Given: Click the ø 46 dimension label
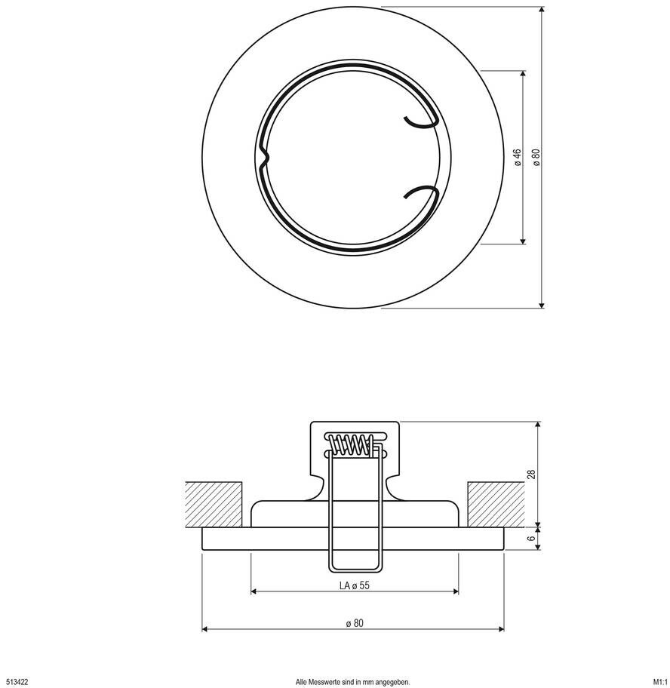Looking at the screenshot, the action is [x=518, y=157].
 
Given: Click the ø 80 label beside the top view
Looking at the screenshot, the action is [x=536, y=157].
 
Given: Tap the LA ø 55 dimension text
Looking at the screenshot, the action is [x=354, y=585].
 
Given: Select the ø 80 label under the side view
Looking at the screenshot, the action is [x=355, y=623].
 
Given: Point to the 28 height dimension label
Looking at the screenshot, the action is [x=532, y=474].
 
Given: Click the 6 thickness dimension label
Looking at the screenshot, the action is [x=532, y=539].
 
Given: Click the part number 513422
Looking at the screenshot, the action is [x=17, y=682].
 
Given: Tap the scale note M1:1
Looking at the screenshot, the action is [x=660, y=682].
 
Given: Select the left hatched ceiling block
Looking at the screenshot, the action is [x=214, y=505].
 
